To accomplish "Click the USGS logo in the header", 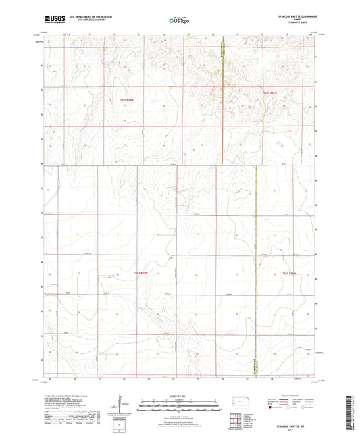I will click(x=52, y=19).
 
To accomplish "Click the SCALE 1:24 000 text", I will click(x=180, y=396).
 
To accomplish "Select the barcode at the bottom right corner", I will click(x=353, y=411).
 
